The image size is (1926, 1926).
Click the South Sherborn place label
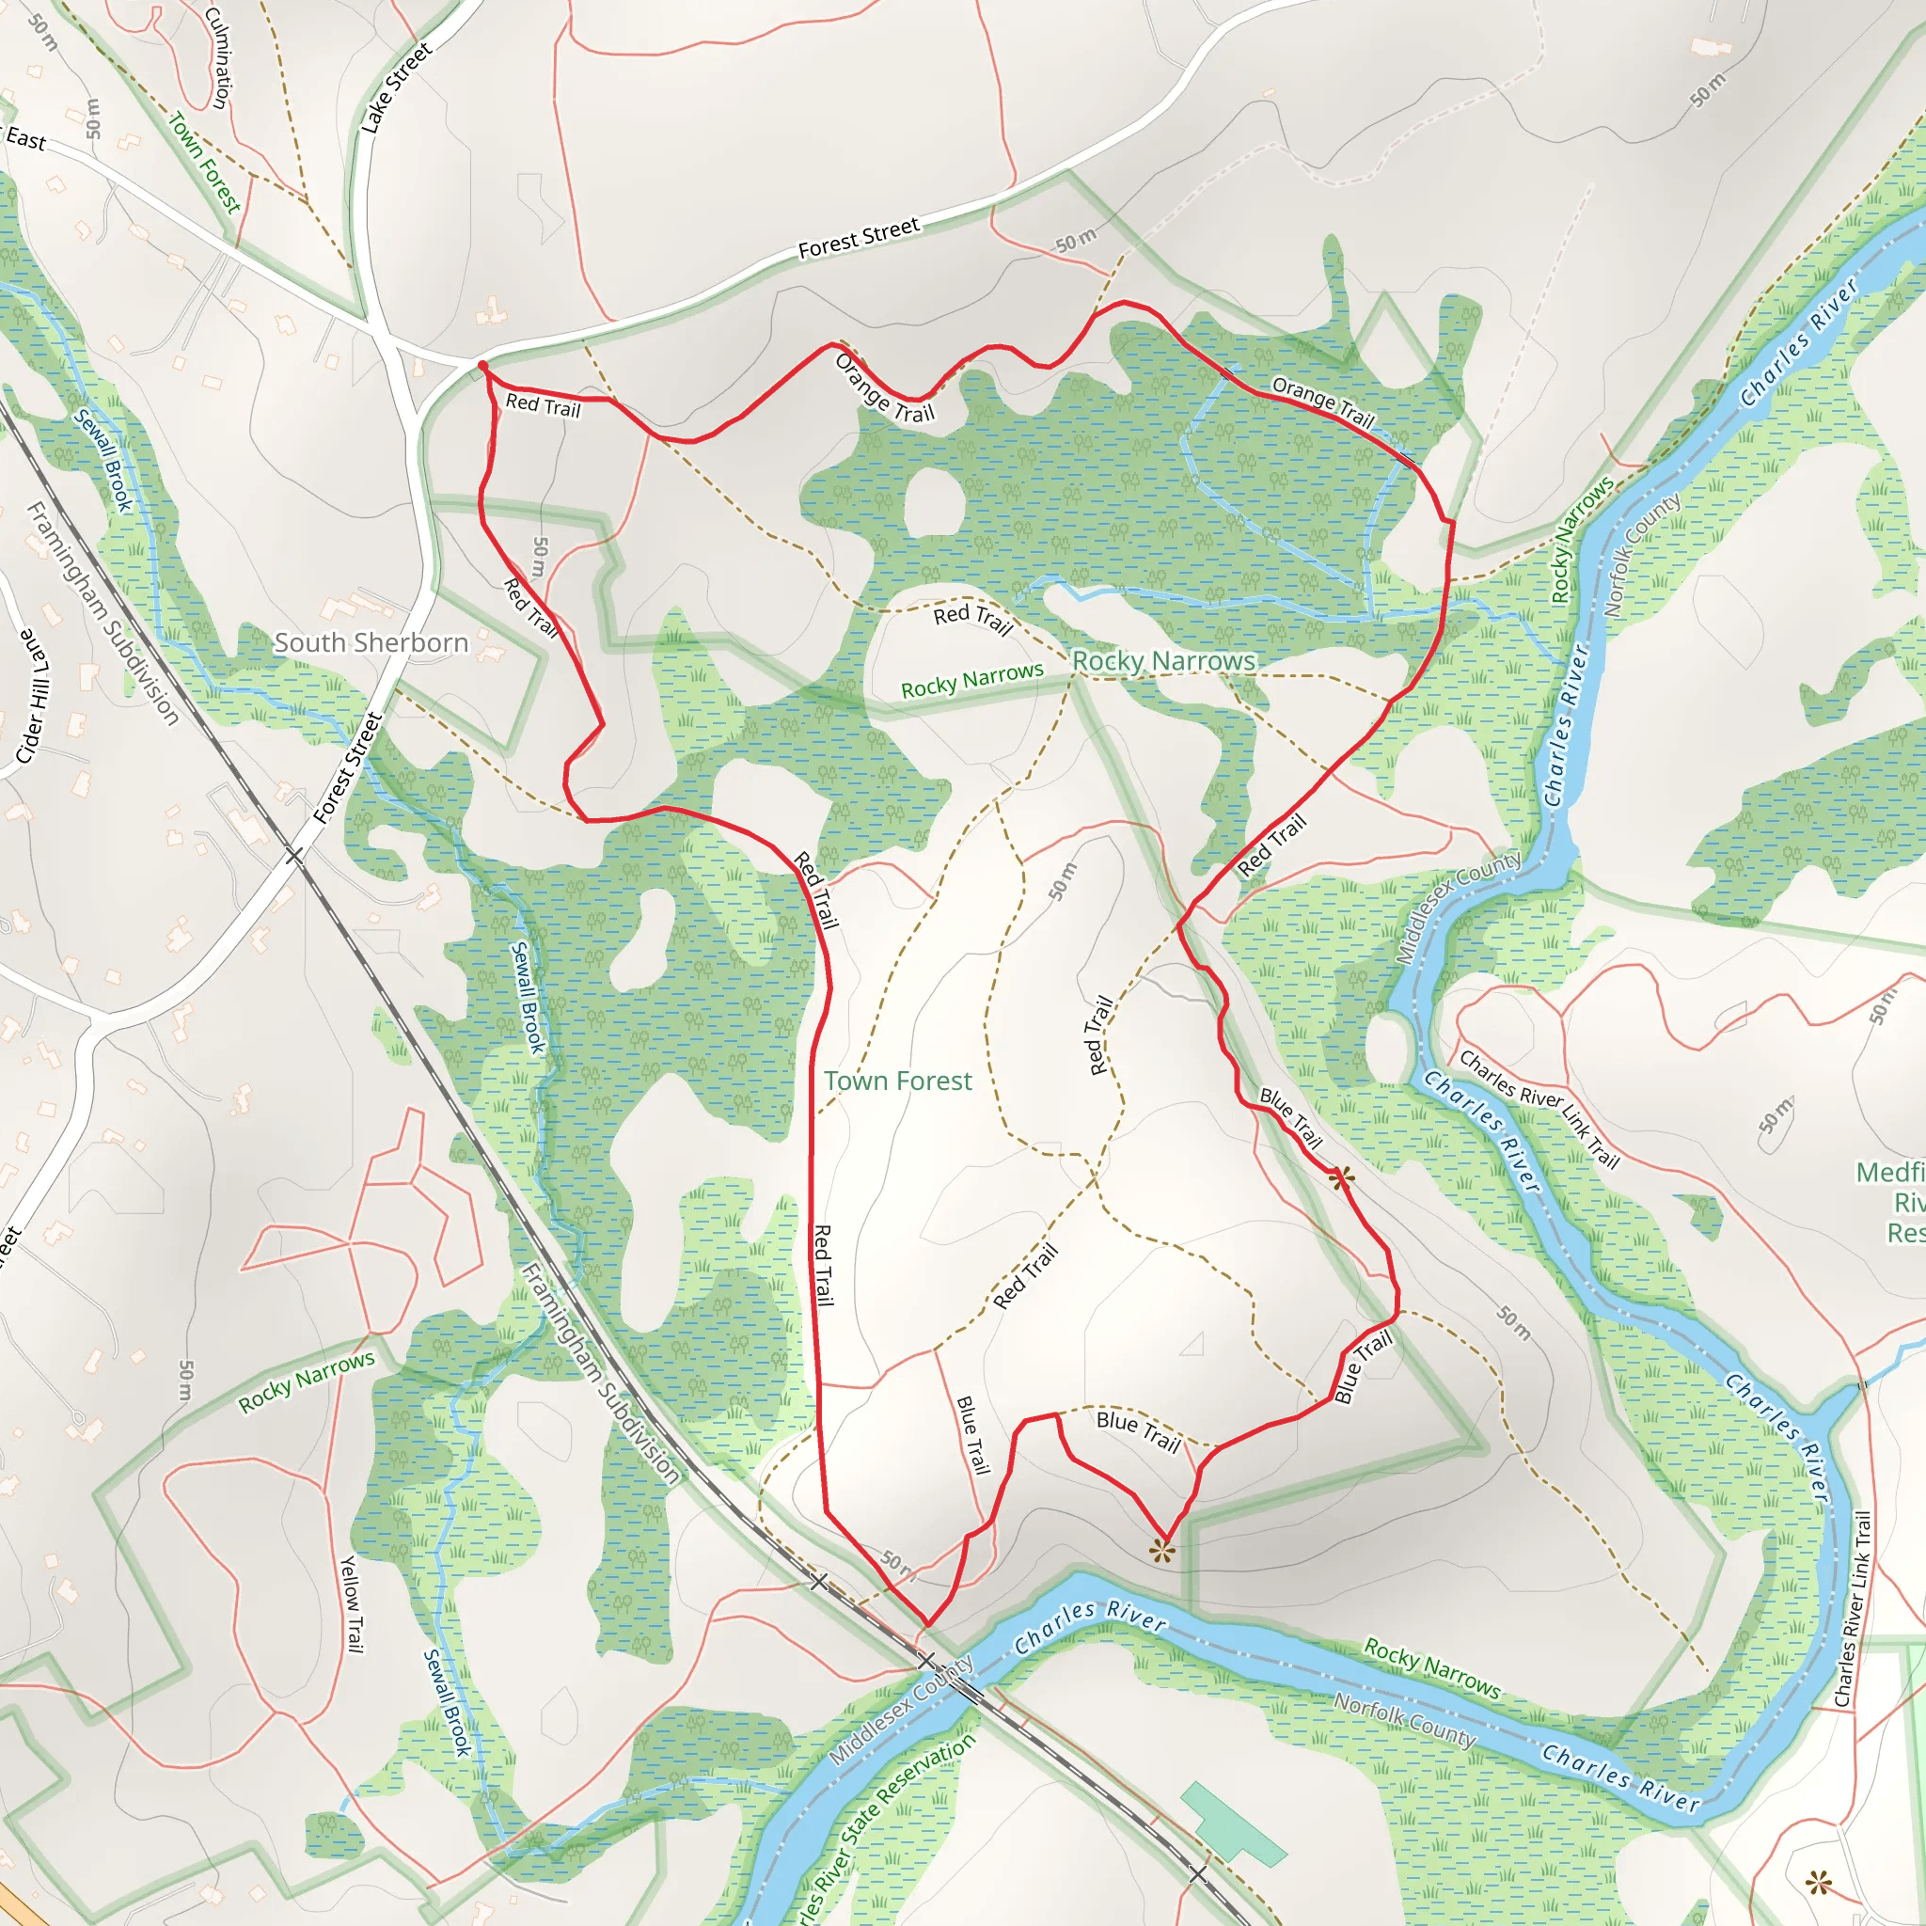(371, 643)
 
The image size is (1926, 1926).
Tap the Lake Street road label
(396, 87)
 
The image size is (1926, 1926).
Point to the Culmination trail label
(218, 56)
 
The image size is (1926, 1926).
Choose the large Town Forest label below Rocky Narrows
(897, 1081)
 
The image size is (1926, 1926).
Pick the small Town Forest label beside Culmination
(204, 163)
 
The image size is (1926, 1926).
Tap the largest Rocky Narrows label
(1163, 661)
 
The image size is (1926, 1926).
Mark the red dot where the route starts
(482, 367)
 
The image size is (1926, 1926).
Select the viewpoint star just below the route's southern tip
(1161, 1550)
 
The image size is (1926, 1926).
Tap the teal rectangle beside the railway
(1233, 1824)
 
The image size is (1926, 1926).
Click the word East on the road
(26, 139)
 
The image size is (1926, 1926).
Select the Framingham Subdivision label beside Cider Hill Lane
(102, 614)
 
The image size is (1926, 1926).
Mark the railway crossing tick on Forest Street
(294, 856)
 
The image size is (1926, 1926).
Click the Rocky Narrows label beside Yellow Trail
(306, 1381)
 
